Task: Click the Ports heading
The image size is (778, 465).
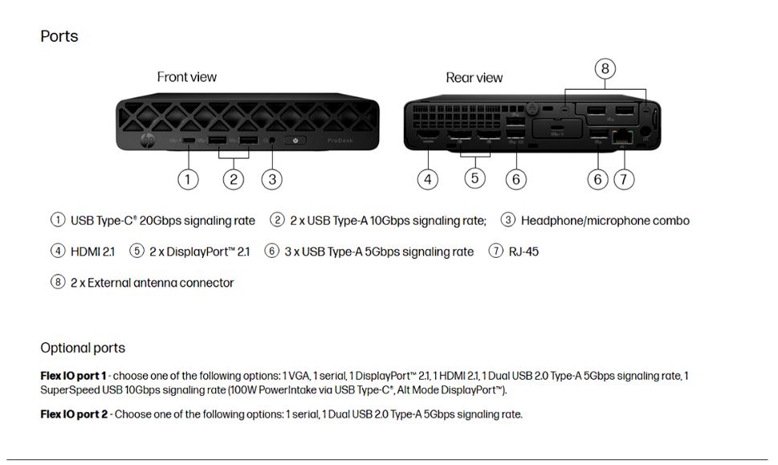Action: (x=59, y=37)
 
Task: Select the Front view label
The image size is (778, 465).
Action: (x=186, y=77)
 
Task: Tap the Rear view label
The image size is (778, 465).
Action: (x=474, y=78)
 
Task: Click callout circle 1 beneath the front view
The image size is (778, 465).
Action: (x=188, y=179)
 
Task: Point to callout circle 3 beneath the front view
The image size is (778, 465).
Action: (x=272, y=179)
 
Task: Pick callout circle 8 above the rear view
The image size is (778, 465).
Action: (x=605, y=68)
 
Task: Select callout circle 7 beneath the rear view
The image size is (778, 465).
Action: (x=624, y=179)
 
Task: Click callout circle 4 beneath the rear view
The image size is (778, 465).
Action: (x=428, y=179)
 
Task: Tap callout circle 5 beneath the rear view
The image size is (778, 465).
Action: (x=475, y=178)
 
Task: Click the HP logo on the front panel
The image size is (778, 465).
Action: (x=148, y=141)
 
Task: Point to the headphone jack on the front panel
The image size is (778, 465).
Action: (x=271, y=141)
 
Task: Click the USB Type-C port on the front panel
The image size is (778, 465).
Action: (x=189, y=141)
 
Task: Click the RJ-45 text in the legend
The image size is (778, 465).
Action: (x=523, y=251)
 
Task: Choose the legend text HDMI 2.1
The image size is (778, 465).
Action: (x=93, y=251)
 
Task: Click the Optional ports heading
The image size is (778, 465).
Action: (x=83, y=348)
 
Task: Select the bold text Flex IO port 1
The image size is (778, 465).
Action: (x=73, y=376)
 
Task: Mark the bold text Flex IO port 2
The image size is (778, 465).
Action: (x=74, y=414)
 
